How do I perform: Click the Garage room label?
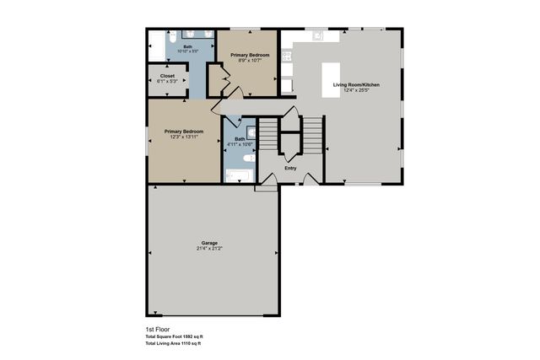(208, 243)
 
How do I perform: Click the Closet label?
(167, 75)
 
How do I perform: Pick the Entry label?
(290, 167)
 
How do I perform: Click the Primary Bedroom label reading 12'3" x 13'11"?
(184, 132)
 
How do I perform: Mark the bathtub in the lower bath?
(240, 176)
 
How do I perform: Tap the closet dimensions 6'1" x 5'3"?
(167, 82)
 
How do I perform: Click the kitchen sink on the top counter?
(316, 36)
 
